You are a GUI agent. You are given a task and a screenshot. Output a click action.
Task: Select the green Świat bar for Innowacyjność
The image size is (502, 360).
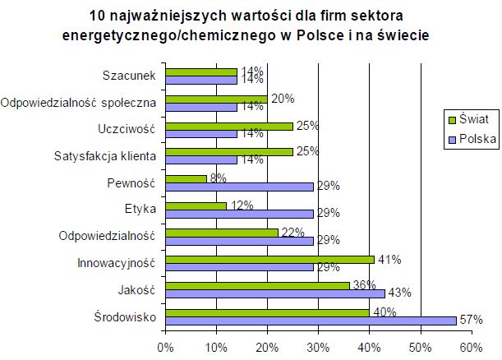click(269, 259)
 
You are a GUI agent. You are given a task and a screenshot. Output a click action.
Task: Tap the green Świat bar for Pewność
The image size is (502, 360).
click(186, 178)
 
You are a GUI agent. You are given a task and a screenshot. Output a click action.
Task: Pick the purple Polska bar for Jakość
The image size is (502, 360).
click(275, 293)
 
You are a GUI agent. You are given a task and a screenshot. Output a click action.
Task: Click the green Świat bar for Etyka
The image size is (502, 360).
click(196, 205)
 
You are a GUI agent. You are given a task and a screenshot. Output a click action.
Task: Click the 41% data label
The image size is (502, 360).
click(389, 258)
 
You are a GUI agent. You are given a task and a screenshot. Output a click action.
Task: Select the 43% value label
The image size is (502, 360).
click(399, 293)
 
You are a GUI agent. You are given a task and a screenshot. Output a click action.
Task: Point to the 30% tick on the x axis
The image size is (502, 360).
click(318, 346)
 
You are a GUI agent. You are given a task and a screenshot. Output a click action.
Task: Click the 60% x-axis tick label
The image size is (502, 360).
click(471, 346)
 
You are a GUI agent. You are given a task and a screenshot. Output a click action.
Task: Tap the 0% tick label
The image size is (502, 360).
click(166, 346)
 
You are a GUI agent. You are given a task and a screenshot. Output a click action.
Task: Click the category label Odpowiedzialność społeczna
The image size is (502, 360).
click(79, 103)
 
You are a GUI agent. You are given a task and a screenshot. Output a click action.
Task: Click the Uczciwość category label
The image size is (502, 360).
click(127, 129)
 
